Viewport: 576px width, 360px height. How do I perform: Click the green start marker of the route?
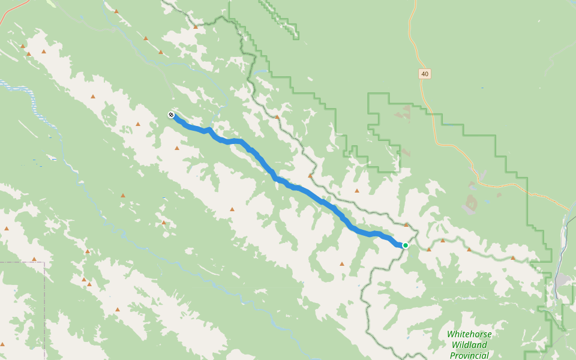point(406,245)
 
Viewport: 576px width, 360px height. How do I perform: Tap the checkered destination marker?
point(171,115)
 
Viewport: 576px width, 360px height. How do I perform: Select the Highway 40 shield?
point(425,74)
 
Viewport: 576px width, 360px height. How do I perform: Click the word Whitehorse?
point(469,334)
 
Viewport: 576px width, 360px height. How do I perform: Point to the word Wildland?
point(469,345)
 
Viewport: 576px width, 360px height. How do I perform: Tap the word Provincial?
point(469,355)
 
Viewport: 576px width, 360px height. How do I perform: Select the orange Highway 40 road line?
point(447,144)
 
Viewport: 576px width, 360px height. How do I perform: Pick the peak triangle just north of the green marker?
point(406,225)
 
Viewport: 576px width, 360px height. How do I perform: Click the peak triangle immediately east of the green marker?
point(429,248)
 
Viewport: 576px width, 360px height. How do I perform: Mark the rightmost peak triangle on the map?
point(513,257)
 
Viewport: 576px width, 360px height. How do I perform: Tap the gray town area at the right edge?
point(562,281)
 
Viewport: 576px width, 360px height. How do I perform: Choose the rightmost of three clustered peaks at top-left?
point(44,51)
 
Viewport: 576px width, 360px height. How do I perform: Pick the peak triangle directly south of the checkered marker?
point(177,148)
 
